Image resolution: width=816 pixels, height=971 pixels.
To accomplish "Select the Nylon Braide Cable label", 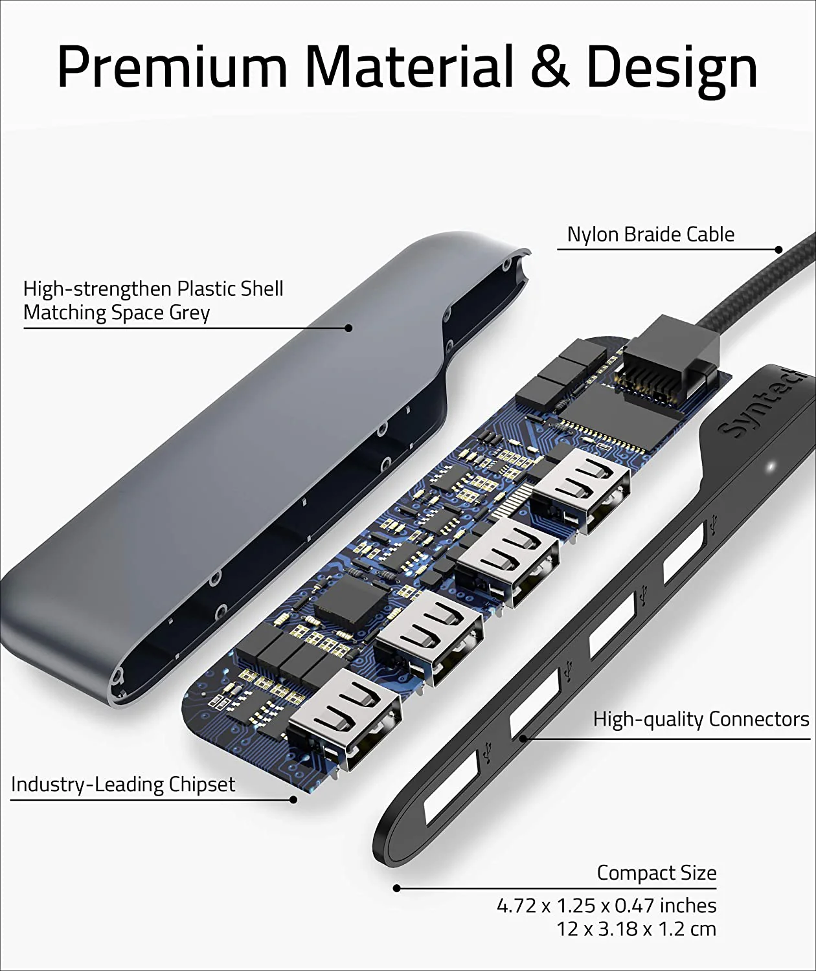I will point(650,234).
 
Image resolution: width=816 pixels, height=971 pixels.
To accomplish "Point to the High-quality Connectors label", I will point(701,719).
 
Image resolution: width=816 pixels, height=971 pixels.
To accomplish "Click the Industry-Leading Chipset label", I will point(123,785).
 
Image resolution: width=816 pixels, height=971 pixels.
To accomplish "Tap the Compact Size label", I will point(656,873).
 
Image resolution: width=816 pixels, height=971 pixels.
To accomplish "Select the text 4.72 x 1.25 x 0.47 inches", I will point(606,905).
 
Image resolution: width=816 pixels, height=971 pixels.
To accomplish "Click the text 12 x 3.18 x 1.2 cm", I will point(636,929).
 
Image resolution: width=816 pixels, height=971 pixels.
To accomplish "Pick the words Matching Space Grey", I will point(117,313).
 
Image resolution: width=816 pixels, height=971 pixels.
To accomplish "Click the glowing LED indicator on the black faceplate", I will point(771,467).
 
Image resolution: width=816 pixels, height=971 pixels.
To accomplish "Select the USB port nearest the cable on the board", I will point(581,489).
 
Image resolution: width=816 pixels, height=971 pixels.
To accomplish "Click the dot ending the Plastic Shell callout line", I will point(348,328).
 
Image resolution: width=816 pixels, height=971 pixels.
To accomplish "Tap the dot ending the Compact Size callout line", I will point(396,889).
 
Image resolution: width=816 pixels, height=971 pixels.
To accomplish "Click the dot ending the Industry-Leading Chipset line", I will point(293,800).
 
